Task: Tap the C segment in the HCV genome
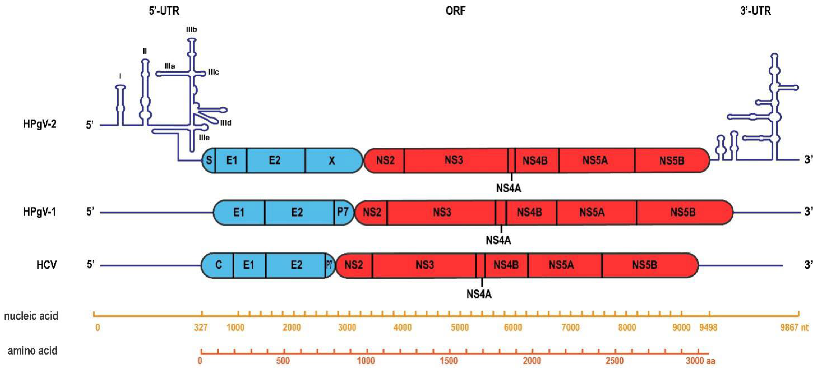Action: pyautogui.click(x=219, y=265)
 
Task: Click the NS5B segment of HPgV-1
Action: pyautogui.click(x=683, y=212)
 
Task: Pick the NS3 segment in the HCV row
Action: pyautogui.click(x=425, y=265)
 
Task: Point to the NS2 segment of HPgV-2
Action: pyautogui.click(x=385, y=160)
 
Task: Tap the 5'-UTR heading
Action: pyautogui.click(x=164, y=11)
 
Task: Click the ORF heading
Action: pyautogui.click(x=455, y=11)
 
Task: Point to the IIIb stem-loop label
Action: pyautogui.click(x=191, y=30)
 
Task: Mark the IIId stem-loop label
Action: pyautogui.click(x=226, y=123)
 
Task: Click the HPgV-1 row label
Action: pyautogui.click(x=40, y=212)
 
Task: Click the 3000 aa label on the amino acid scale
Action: pyautogui.click(x=700, y=361)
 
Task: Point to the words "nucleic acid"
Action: pyautogui.click(x=31, y=316)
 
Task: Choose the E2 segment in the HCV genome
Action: pyautogui.click(x=296, y=265)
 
